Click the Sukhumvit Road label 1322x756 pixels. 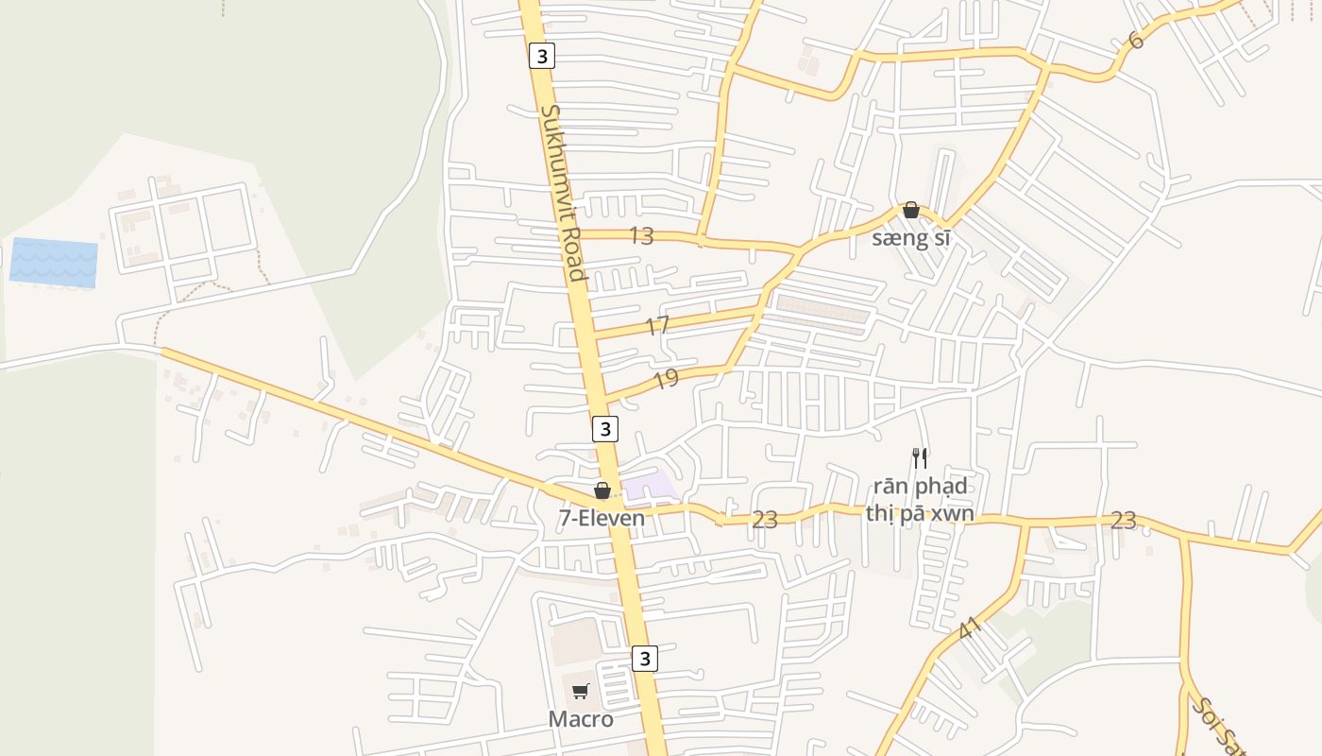coord(564,193)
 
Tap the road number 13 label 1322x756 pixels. coord(641,236)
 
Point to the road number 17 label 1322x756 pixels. coord(657,327)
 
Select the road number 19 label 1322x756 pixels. coord(666,380)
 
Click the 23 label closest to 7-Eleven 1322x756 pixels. coord(764,520)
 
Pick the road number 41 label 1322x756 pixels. coord(970,628)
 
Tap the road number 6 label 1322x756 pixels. coord(1135,41)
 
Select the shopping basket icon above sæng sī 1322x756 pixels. coord(911,210)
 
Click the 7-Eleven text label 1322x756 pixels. coord(602,518)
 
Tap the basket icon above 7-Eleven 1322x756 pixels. coord(602,491)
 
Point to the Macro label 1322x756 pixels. coord(581,719)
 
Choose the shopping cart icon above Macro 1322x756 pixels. coord(581,692)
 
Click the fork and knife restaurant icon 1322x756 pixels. coord(920,458)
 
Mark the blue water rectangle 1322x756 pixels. coord(54,263)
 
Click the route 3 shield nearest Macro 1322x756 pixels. coord(644,658)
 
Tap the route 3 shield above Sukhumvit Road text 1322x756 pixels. coord(541,57)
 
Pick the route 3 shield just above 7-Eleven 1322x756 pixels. coord(605,429)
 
